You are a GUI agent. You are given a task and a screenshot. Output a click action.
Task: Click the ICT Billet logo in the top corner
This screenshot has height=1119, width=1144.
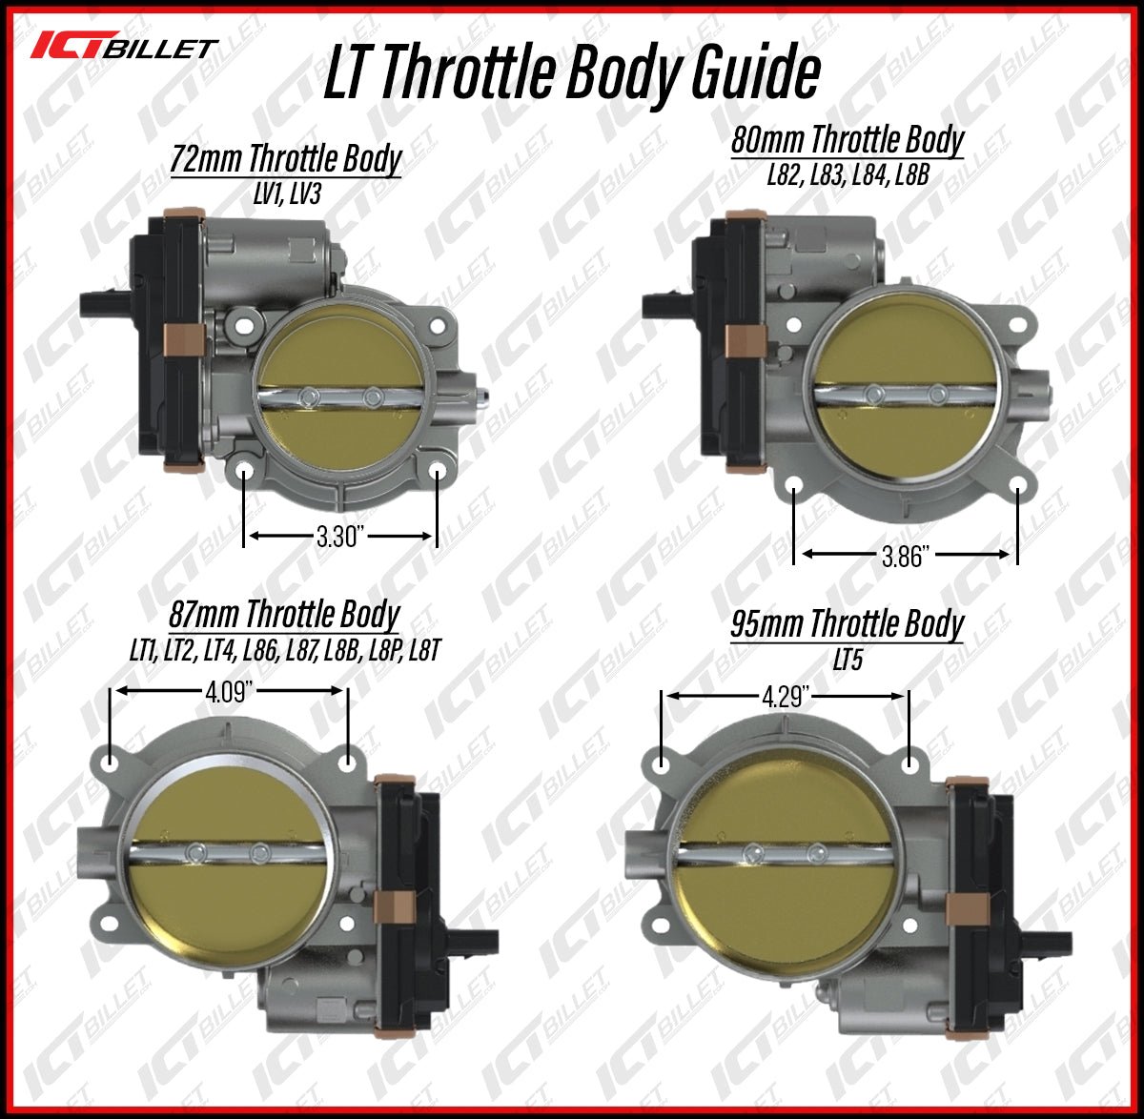click(x=125, y=47)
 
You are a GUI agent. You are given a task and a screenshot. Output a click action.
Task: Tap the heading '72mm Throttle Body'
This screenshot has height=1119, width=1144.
click(x=286, y=159)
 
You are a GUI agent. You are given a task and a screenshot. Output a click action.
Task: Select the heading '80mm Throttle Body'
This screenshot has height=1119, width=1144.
click(x=848, y=140)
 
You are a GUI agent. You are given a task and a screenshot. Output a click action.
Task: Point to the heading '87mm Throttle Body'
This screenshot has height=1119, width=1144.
click(x=284, y=614)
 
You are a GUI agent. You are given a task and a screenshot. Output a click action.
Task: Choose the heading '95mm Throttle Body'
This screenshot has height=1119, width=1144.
click(x=848, y=625)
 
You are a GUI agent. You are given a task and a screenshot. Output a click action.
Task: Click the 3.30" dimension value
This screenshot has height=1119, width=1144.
click(x=341, y=537)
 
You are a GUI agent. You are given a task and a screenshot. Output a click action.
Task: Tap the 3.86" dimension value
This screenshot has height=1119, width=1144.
click(x=905, y=556)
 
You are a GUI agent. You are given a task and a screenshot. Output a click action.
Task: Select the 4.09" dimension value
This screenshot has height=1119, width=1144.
click(x=228, y=691)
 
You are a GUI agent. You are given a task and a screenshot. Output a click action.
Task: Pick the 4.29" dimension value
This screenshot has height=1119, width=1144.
click(x=786, y=698)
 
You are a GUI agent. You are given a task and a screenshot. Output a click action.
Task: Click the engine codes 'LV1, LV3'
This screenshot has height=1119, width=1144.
click(x=286, y=194)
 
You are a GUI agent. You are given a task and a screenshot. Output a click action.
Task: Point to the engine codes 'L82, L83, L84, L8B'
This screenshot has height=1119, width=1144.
click(x=848, y=175)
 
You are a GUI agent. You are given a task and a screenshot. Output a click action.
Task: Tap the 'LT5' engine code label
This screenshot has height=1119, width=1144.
click(x=848, y=660)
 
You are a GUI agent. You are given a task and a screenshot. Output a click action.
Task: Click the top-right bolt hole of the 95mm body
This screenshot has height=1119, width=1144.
click(x=910, y=764)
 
